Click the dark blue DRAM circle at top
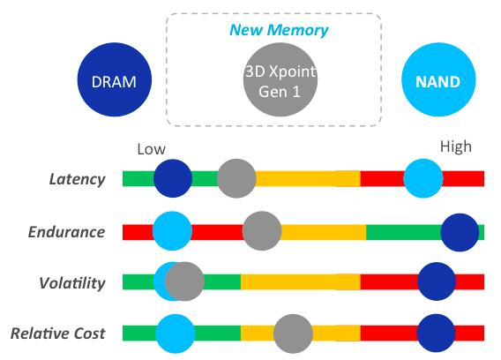click(115, 81)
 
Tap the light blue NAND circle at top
click(438, 82)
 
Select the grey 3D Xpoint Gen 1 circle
click(280, 81)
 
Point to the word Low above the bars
click(151, 149)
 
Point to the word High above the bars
click(455, 146)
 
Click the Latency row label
click(77, 179)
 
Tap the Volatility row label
click(73, 283)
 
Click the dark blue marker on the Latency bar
click(173, 179)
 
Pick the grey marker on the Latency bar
click(236, 179)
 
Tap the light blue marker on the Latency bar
click(423, 179)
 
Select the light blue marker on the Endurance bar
click(172, 232)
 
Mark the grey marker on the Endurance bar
click(262, 232)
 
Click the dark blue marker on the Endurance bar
click(460, 232)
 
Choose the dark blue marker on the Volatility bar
click(437, 282)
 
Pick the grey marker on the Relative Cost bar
click(293, 334)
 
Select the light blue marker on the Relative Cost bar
click(176, 334)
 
